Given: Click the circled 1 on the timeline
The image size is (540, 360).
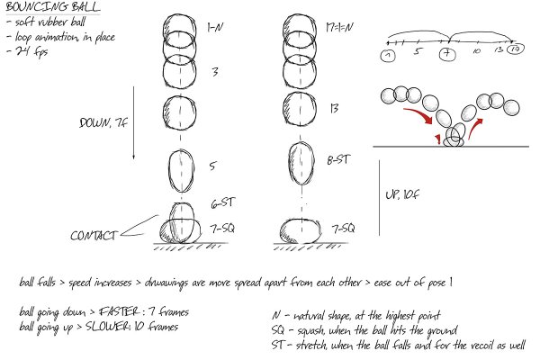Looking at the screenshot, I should pos(388,58).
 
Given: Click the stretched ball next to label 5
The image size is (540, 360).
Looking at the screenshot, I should pos(183,168).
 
